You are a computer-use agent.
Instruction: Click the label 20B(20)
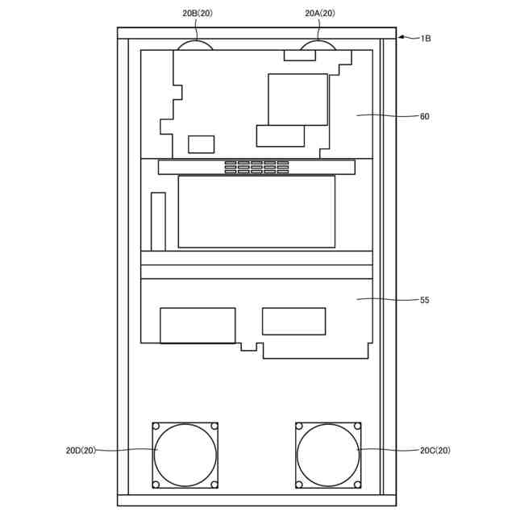coord(198,13)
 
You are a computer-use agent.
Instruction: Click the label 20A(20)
coord(320,13)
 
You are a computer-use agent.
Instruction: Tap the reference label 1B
coord(426,39)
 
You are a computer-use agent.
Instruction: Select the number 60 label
coord(425,116)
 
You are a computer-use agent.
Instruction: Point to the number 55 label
coord(425,300)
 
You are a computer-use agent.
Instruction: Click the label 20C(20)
coord(435,450)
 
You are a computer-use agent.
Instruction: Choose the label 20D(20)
coord(81,450)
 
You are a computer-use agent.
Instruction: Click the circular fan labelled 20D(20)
coord(185,455)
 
